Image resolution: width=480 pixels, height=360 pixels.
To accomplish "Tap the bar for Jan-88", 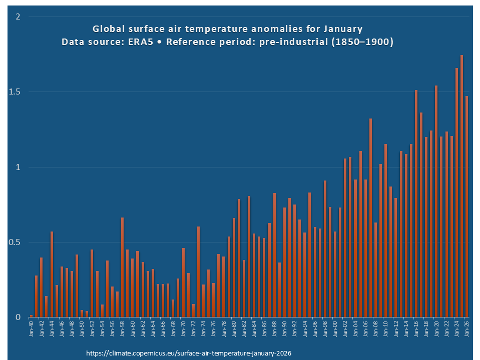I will click(274, 254).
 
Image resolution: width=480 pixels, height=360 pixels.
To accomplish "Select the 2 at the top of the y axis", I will click(18, 17).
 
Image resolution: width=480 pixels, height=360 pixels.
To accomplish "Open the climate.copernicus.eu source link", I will click(189, 353).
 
